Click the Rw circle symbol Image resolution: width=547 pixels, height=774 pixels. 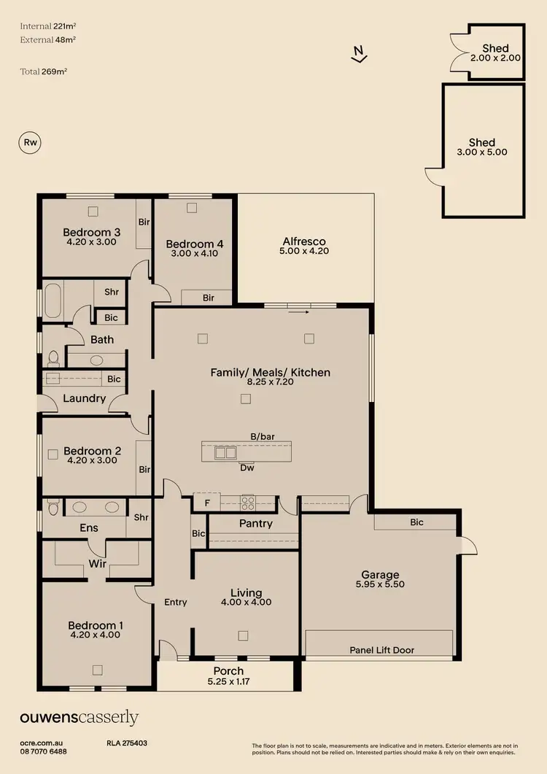click(31, 143)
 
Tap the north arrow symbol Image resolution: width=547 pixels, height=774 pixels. click(357, 54)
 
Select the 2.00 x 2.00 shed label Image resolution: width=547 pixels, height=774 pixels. click(495, 56)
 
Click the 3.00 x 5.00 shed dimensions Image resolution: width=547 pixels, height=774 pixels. click(482, 152)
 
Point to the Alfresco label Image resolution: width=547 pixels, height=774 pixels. click(303, 241)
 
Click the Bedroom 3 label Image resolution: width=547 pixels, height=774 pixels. click(91, 232)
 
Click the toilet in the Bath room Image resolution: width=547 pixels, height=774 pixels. click(53, 358)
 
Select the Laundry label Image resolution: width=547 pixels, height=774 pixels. click(84, 399)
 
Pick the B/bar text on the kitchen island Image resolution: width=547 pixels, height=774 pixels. click(262, 436)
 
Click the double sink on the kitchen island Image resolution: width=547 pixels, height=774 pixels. click(225, 452)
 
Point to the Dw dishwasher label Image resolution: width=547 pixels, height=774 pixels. click(247, 468)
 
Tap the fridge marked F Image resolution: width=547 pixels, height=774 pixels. click(206, 502)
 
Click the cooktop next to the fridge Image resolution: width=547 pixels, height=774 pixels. click(248, 502)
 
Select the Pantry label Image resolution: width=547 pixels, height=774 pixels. click(255, 523)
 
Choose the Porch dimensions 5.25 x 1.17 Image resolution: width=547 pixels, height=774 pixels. click(228, 681)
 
